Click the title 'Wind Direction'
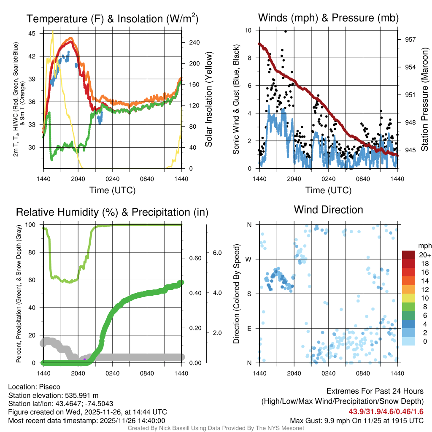[x=328, y=210]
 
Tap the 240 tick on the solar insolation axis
[x=194, y=43]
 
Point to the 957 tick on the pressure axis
[x=410, y=39]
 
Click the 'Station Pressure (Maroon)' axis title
[x=425, y=99]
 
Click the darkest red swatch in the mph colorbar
[x=408, y=255]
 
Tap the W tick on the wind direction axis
[x=249, y=259]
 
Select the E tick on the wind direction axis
[x=249, y=328]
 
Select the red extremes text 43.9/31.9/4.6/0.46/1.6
[x=386, y=411]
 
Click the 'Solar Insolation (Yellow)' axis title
[x=208, y=99]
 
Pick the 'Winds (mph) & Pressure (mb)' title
[x=328, y=18]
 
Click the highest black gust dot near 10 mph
[x=286, y=31]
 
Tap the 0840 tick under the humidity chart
[x=147, y=373]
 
